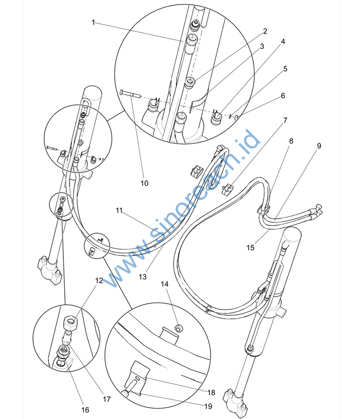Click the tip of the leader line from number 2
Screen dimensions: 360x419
coord(195,80)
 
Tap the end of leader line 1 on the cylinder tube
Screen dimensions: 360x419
coord(183,41)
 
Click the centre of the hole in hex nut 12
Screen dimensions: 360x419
coord(71,320)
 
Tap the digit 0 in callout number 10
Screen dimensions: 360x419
coord(146,183)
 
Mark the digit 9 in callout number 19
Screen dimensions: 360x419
coord(210,407)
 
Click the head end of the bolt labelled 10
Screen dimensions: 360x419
coord(122,92)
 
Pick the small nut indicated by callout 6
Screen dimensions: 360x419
coord(237,116)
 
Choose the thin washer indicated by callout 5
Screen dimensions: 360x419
coord(230,116)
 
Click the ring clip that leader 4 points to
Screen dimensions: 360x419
coord(217,117)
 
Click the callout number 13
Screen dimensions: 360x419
coord(143,277)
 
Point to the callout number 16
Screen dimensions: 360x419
coord(85,410)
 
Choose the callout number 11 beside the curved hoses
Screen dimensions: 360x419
coord(119,211)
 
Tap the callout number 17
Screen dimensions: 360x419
coord(107,399)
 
